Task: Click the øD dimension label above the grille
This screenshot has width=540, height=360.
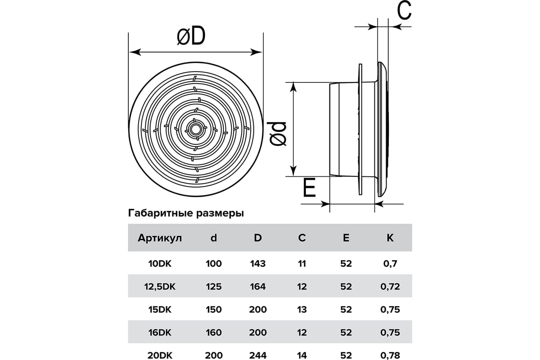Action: [191, 36]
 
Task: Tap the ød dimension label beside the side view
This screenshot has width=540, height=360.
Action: [276, 134]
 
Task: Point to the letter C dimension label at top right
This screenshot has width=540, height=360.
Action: [404, 10]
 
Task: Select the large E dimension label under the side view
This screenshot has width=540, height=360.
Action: [309, 188]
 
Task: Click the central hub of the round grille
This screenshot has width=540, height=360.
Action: [194, 129]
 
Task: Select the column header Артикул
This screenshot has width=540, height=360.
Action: [160, 238]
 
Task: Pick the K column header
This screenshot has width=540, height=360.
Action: [390, 238]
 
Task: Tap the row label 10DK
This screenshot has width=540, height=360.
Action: [160, 264]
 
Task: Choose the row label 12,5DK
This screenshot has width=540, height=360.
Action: [160, 287]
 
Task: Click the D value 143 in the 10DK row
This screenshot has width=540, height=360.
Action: [258, 264]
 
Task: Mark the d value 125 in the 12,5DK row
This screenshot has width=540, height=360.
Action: [214, 287]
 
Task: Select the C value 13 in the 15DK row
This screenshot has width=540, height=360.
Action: [302, 309]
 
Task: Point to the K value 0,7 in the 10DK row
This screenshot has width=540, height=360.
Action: [390, 264]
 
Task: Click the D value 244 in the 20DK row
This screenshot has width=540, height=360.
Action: [258, 355]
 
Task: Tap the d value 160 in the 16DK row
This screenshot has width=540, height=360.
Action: [214, 333]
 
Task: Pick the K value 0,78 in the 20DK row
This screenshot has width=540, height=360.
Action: [390, 355]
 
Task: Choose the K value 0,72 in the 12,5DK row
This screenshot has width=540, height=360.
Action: [390, 287]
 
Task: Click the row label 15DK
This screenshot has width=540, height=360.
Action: [160, 309]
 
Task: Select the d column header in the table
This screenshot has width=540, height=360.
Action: [214, 238]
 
